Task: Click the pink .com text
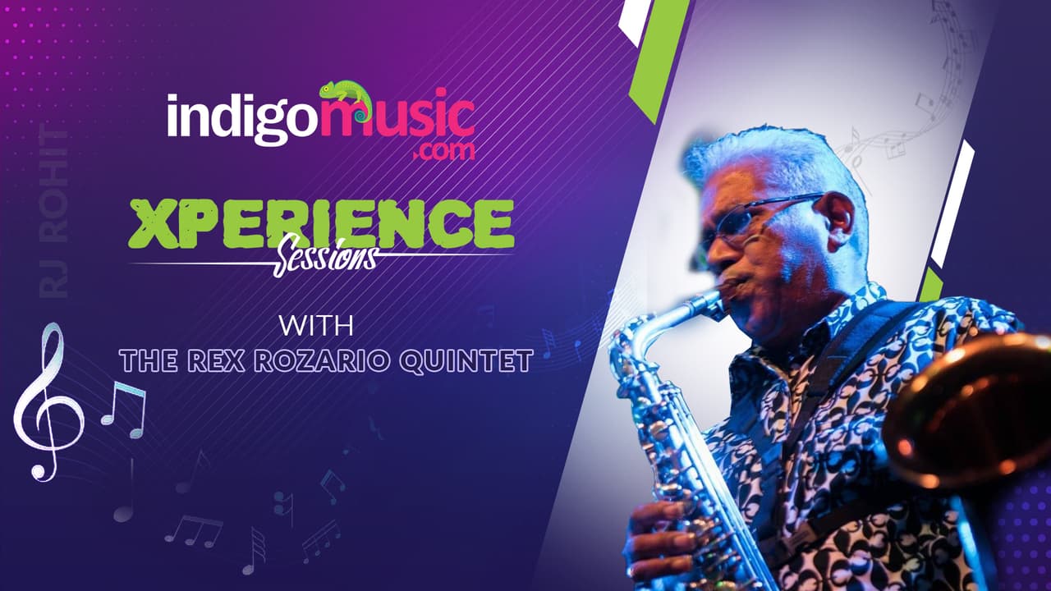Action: (444, 152)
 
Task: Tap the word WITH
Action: (316, 326)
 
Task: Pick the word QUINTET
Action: (467, 362)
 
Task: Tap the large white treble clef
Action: (48, 401)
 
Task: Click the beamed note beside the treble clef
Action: (124, 410)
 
